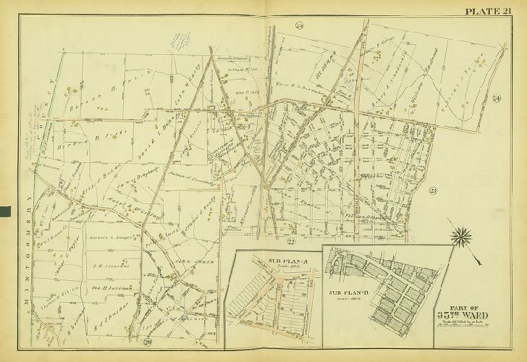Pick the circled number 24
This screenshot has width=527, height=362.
coord(497,98)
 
